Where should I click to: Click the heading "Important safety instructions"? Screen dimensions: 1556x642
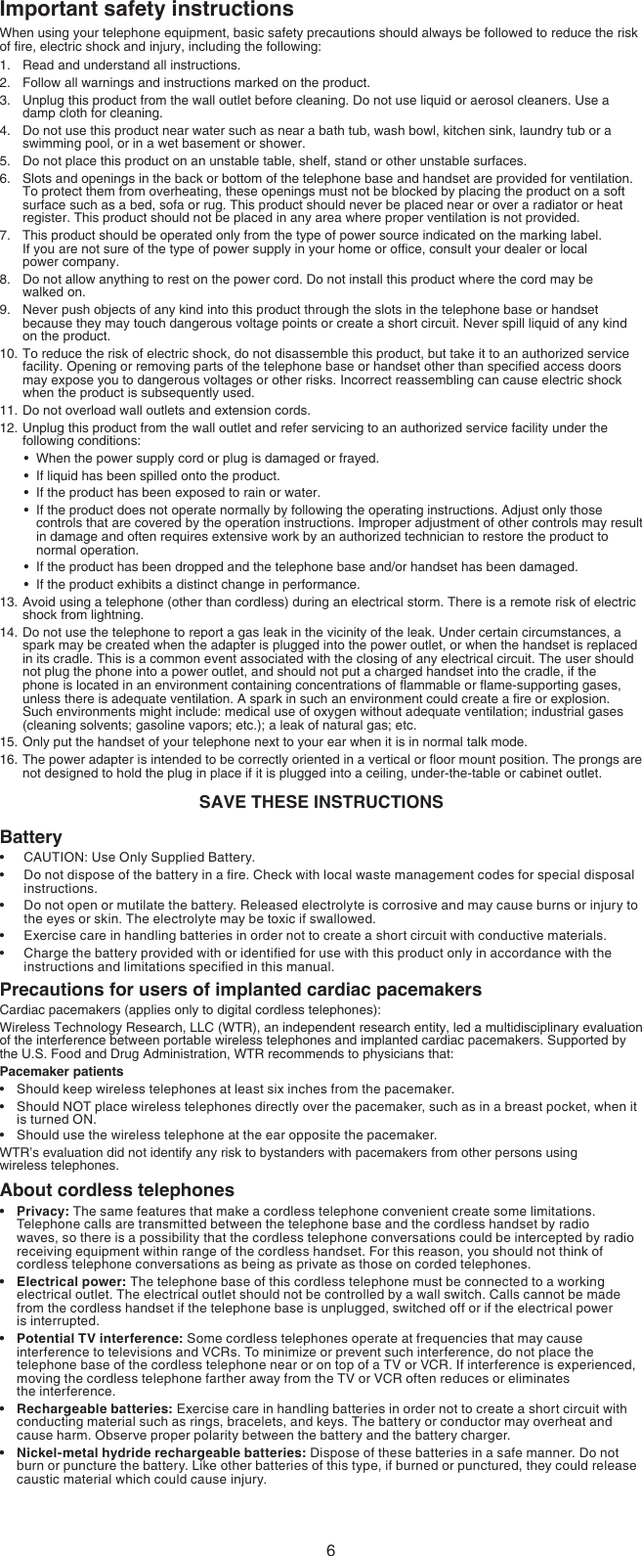[x=147, y=11]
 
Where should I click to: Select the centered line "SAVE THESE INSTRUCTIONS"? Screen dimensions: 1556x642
[x=321, y=802]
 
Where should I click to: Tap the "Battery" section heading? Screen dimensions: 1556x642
[x=30, y=837]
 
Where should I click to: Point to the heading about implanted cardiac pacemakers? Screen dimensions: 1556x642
[x=240, y=990]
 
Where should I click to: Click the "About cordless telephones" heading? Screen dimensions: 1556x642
[x=117, y=1190]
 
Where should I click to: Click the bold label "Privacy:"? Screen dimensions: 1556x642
[x=42, y=1213]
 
